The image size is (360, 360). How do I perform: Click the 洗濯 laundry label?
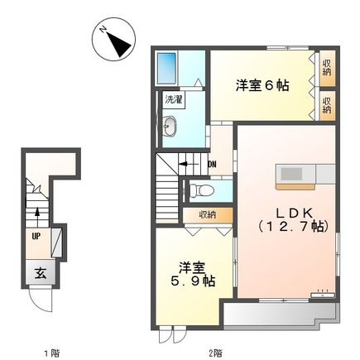point(173,98)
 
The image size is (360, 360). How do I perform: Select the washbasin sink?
point(170,126)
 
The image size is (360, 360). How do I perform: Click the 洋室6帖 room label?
point(262,85)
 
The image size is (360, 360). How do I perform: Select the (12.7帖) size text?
point(292,226)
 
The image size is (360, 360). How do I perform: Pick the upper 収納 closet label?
point(327,67)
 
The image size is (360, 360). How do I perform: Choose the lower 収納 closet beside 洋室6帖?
point(327,103)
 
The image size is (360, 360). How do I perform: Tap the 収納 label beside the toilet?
point(206,214)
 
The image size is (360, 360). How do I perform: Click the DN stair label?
point(212,164)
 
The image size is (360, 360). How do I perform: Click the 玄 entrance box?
point(39,272)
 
